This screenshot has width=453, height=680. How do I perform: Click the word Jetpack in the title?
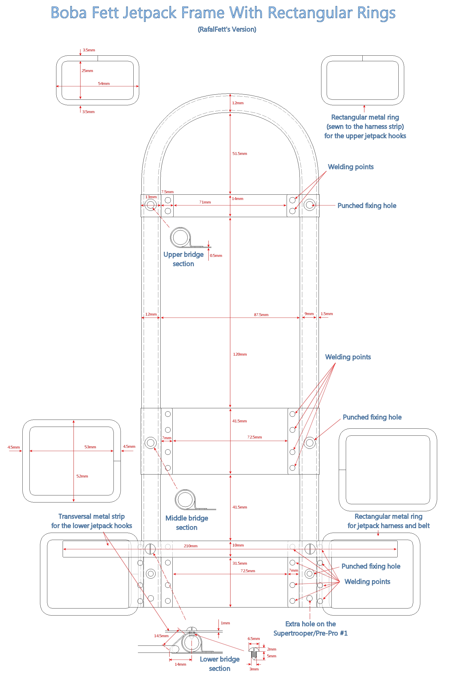pyautogui.click(x=150, y=13)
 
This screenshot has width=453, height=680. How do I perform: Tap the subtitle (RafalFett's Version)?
pyautogui.click(x=227, y=29)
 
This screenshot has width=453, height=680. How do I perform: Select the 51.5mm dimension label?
pyautogui.click(x=240, y=154)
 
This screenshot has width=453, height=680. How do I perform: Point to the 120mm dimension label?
pyautogui.click(x=240, y=354)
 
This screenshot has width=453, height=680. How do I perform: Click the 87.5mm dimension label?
pyautogui.click(x=261, y=315)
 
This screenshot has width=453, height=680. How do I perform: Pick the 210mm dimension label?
pyautogui.click(x=191, y=546)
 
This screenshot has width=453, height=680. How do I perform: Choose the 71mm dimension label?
pyautogui.click(x=205, y=202)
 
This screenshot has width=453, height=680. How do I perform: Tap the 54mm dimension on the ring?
pyautogui.click(x=104, y=84)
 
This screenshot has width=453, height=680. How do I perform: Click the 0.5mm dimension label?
pyautogui.click(x=216, y=256)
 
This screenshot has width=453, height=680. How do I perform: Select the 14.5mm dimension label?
pyautogui.click(x=161, y=636)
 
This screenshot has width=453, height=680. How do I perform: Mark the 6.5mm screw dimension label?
pyautogui.click(x=254, y=638)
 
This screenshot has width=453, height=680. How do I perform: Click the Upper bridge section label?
pyautogui.click(x=183, y=259)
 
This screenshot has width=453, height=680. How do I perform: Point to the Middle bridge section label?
pyautogui.click(x=187, y=523)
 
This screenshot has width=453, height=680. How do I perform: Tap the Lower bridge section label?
pyautogui.click(x=219, y=664)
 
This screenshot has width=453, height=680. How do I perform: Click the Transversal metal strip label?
pyautogui.click(x=92, y=521)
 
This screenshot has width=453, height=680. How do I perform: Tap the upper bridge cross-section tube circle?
pyautogui.click(x=180, y=237)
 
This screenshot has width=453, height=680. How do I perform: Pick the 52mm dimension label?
pyautogui.click(x=82, y=476)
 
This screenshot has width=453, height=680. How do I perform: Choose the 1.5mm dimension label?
pyautogui.click(x=326, y=314)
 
